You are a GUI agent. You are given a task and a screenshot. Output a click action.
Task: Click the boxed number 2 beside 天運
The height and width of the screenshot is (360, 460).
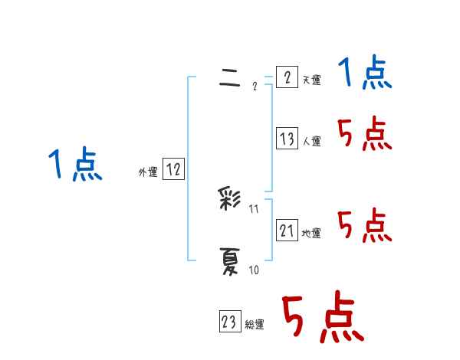click(x=287, y=78)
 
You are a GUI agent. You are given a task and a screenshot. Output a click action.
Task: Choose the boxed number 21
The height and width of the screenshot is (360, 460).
click(x=287, y=230)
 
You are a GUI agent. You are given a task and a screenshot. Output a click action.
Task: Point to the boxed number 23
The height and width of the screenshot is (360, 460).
click(x=228, y=322)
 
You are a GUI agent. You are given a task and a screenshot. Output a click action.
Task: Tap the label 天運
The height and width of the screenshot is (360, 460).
click(x=311, y=80)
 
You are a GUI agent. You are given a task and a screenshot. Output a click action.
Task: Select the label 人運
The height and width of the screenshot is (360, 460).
click(x=311, y=142)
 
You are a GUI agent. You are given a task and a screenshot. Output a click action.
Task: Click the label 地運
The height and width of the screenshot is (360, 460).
click(x=311, y=233)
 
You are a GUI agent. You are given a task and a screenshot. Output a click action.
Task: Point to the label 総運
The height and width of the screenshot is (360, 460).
click(x=254, y=326)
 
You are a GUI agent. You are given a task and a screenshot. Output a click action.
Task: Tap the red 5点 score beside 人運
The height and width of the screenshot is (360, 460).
click(x=364, y=136)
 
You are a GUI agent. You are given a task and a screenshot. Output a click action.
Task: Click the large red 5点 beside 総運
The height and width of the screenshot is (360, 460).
click(x=321, y=318)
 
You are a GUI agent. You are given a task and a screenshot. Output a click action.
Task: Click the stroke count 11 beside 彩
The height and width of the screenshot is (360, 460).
click(x=255, y=208)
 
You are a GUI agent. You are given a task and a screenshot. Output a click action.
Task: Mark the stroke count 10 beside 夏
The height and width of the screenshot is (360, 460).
click(x=254, y=270)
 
